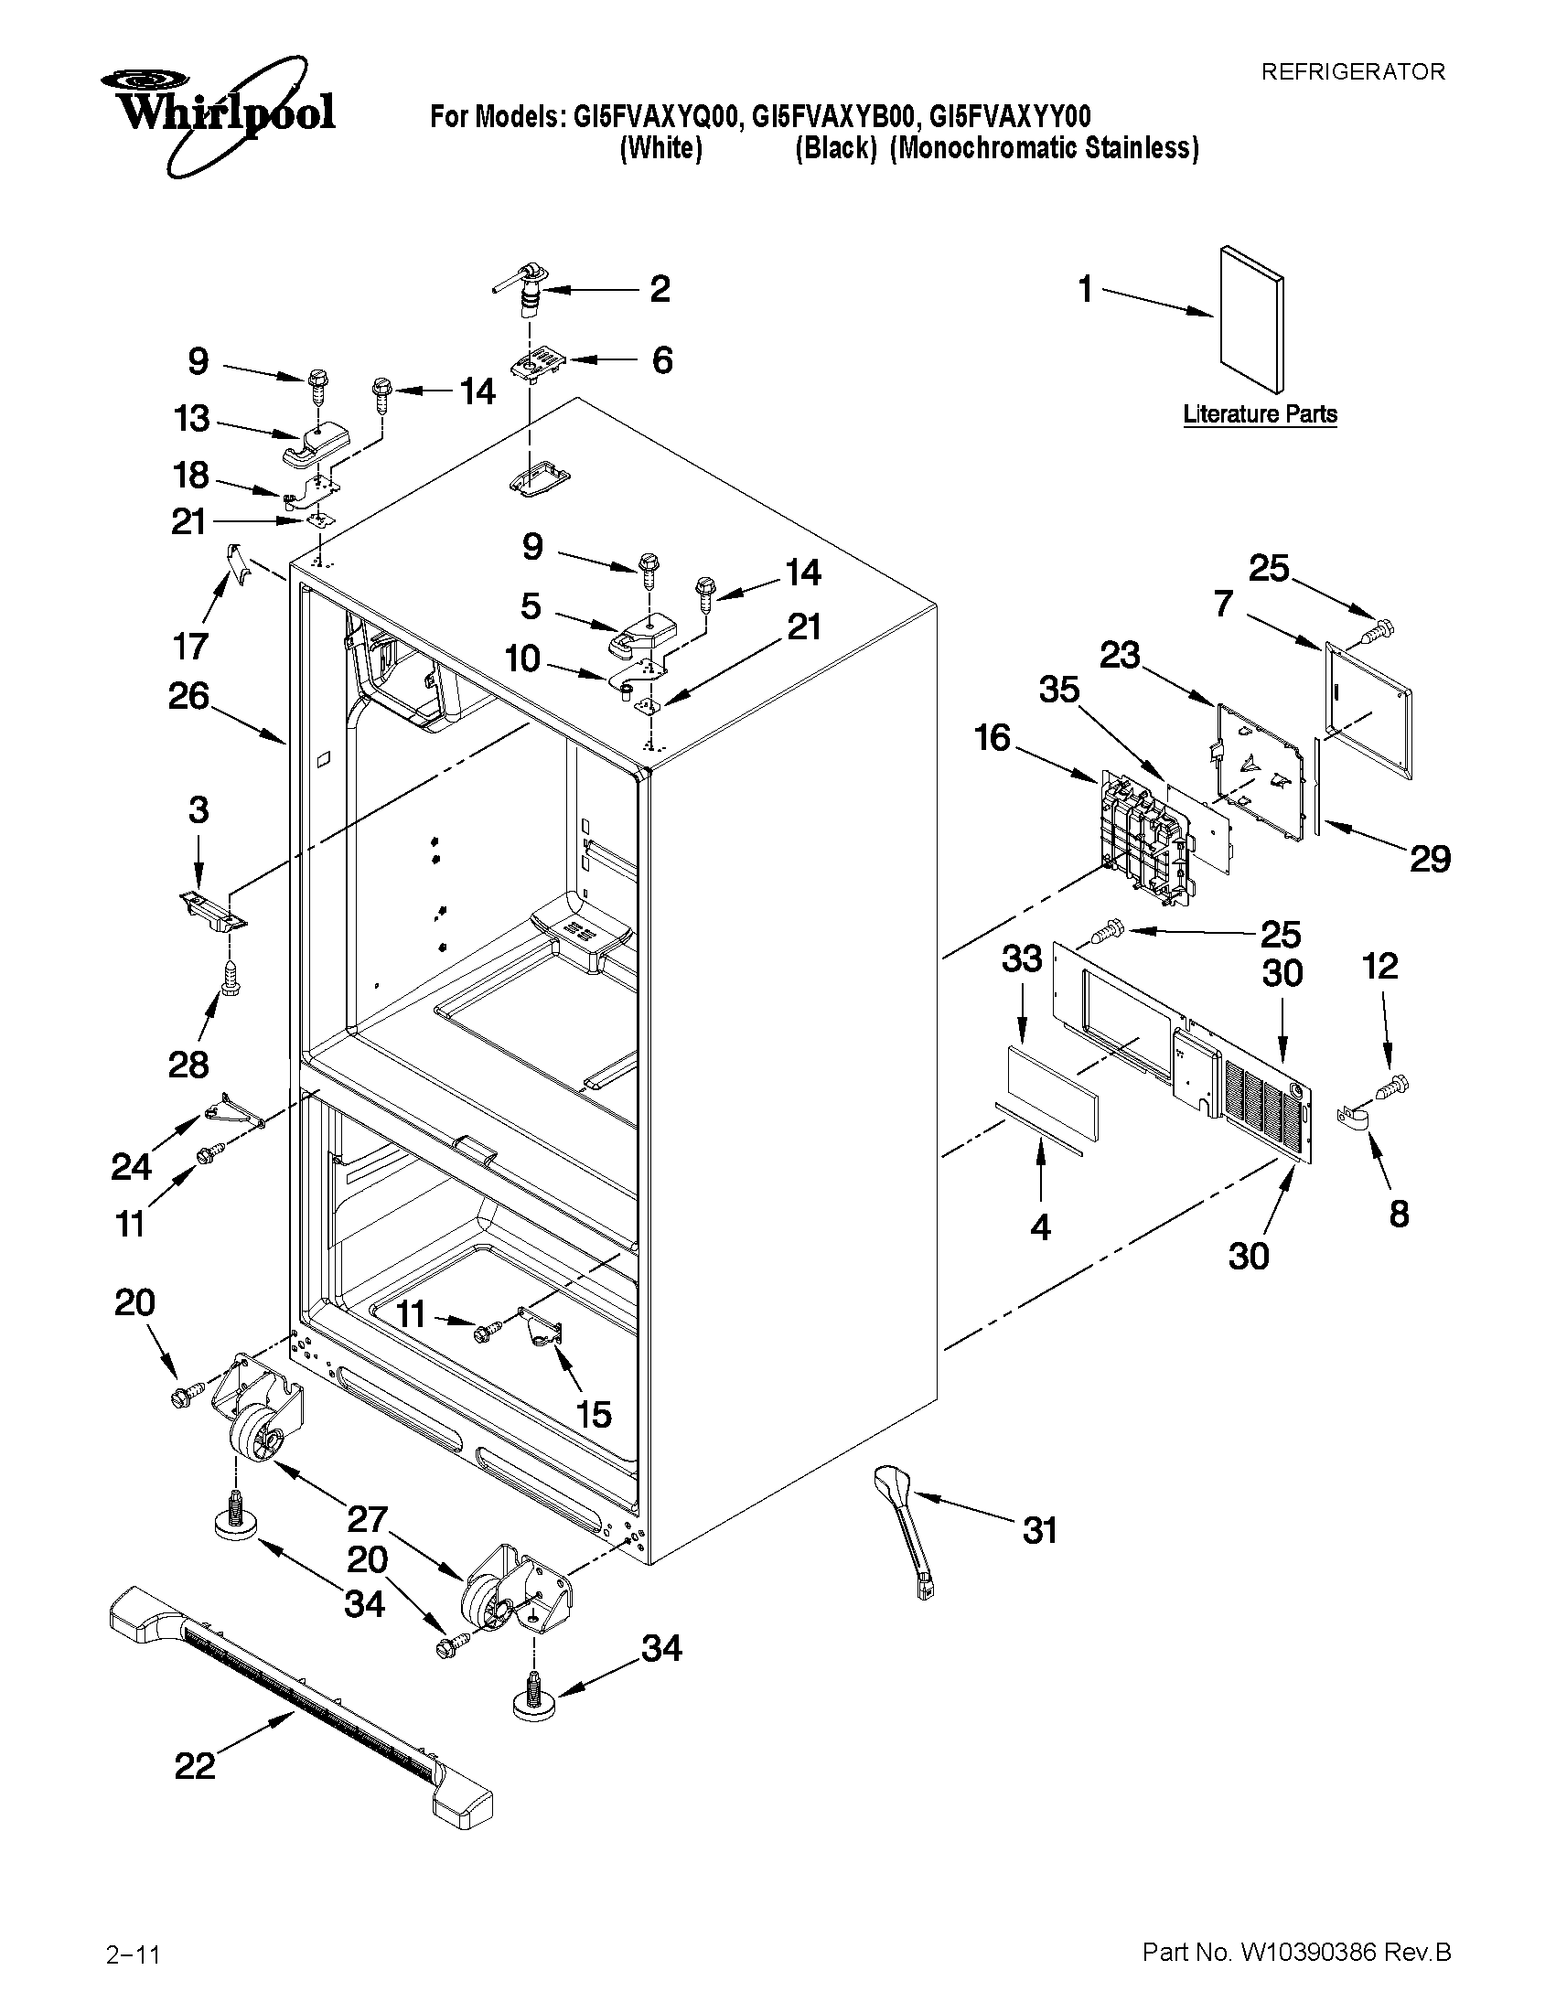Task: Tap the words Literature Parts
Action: [1260, 415]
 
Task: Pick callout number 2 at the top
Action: [660, 289]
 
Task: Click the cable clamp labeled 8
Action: [1350, 1119]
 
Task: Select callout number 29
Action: [1430, 859]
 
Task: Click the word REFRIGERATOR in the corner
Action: [1352, 72]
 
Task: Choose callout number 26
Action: [188, 696]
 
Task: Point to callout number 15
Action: [594, 1413]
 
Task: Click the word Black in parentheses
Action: [835, 148]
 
